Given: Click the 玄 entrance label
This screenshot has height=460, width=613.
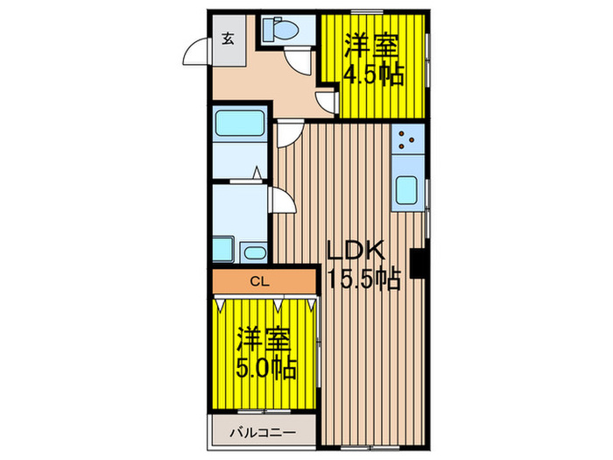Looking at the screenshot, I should pyautogui.click(x=228, y=39).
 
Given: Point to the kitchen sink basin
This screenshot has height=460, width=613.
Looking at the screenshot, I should pyautogui.click(x=408, y=190).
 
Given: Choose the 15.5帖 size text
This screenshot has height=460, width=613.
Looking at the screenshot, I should pyautogui.click(x=363, y=280).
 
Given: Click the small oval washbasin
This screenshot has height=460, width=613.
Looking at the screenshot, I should pyautogui.click(x=255, y=254).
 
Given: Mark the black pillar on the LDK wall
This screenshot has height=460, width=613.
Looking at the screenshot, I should pyautogui.click(x=419, y=262).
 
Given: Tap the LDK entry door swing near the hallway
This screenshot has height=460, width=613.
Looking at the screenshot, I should pyautogui.click(x=288, y=135).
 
